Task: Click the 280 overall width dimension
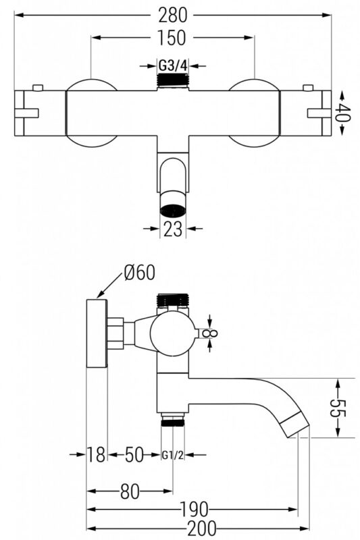tap(172, 15)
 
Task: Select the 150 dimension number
tap(172, 38)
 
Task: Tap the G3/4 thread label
tap(173, 65)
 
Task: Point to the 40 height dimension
tap(343, 112)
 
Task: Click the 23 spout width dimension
tap(173, 229)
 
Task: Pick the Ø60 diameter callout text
tap(139, 273)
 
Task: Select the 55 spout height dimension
tap(337, 408)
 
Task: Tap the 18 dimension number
tap(96, 454)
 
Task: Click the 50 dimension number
tap(133, 454)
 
